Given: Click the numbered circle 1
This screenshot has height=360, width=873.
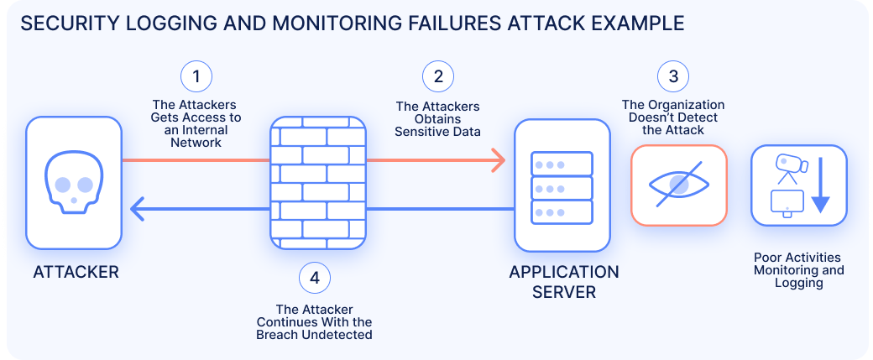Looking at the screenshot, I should pyautogui.click(x=196, y=78).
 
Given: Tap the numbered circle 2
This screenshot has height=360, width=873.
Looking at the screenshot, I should pyautogui.click(x=437, y=78).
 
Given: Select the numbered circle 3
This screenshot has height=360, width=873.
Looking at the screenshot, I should pyautogui.click(x=672, y=78).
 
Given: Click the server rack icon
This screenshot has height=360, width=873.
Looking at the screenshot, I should pyautogui.click(x=562, y=186).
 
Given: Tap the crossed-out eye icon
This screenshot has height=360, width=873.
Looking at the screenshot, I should pyautogui.click(x=678, y=185).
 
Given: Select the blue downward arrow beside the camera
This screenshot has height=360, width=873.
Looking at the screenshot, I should pyautogui.click(x=819, y=186).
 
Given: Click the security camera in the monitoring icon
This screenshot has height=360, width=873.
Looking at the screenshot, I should pyautogui.click(x=789, y=165).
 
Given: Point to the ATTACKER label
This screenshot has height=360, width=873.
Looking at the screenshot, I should pyautogui.click(x=76, y=272).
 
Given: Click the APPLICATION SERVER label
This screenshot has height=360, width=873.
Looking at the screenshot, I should pyautogui.click(x=563, y=282).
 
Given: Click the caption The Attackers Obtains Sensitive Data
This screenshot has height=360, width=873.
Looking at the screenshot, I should pyautogui.click(x=437, y=119).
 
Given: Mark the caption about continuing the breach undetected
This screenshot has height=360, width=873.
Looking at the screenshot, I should pyautogui.click(x=314, y=322).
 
